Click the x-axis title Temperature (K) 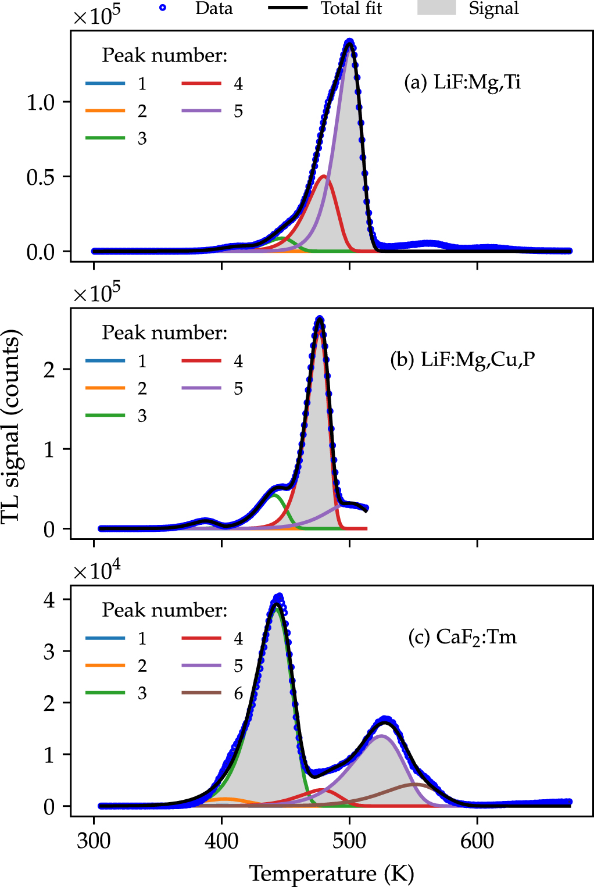click(x=331, y=873)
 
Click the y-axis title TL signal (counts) click(x=12, y=425)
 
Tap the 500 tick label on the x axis click(x=349, y=840)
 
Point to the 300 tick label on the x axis click(x=94, y=840)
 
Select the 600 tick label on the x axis click(x=477, y=840)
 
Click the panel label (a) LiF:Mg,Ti click(x=462, y=82)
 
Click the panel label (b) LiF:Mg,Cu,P click(x=462, y=359)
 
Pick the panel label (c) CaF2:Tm click(x=462, y=637)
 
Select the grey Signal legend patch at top click(x=436, y=8)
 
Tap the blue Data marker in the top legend click(x=163, y=8)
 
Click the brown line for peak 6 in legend click(x=201, y=693)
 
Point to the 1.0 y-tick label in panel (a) click(x=40, y=102)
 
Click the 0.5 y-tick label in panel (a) click(x=40, y=177)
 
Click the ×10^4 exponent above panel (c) click(x=96, y=570)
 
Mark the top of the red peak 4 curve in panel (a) click(x=324, y=176)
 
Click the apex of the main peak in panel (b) click(x=319, y=319)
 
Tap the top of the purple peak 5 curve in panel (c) click(x=381, y=736)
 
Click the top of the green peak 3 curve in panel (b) click(x=275, y=495)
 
